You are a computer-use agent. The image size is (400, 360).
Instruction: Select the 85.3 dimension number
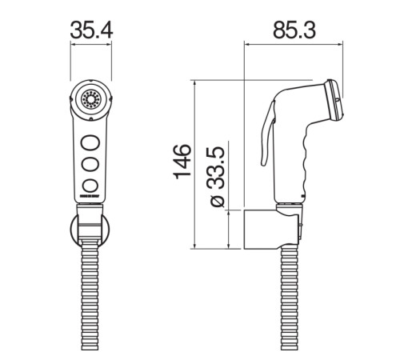pyautogui.click(x=294, y=30)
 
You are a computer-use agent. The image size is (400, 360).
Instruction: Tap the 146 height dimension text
pyautogui.click(x=183, y=160)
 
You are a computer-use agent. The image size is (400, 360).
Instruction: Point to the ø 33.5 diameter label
pyautogui.click(x=217, y=177)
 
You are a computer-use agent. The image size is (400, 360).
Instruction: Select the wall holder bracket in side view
pyautogui.click(x=268, y=229)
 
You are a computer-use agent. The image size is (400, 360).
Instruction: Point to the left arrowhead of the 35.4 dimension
pyautogui.click(x=74, y=46)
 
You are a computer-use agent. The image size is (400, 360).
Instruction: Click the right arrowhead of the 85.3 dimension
pyautogui.click(x=342, y=46)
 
